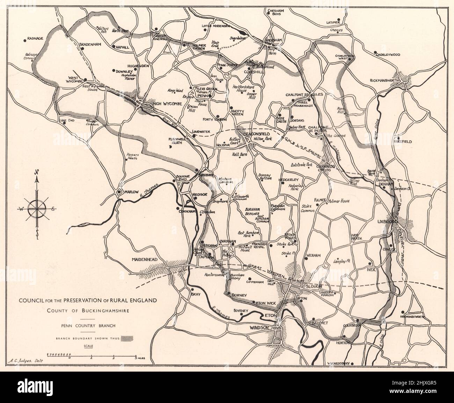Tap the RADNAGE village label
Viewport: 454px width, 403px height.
(35, 39)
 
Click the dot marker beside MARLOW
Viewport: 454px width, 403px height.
(119, 192)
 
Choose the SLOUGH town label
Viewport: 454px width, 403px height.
(312, 286)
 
